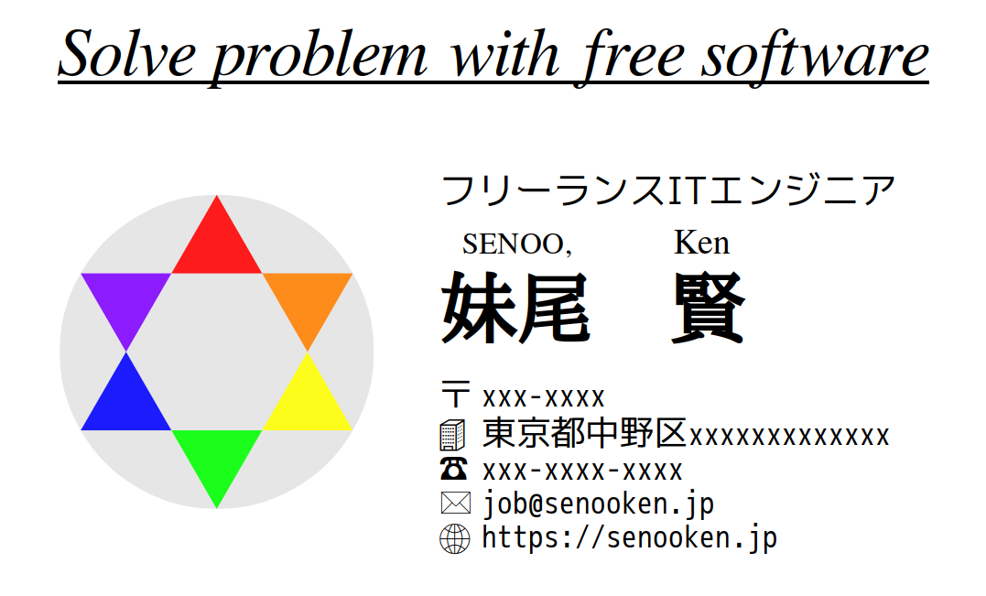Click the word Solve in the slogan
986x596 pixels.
[x=126, y=55]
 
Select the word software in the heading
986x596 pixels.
[x=815, y=55]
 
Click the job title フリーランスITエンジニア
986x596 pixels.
[x=667, y=190]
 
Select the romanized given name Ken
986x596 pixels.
[x=701, y=243]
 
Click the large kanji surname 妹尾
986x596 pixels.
[x=515, y=309]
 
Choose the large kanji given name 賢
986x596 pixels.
[x=707, y=309]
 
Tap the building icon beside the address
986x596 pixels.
[x=454, y=434]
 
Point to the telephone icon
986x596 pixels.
[x=454, y=470]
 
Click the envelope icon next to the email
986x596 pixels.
[x=455, y=504]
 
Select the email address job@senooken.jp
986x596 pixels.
[x=598, y=504]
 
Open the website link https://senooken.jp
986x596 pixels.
[x=629, y=537]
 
